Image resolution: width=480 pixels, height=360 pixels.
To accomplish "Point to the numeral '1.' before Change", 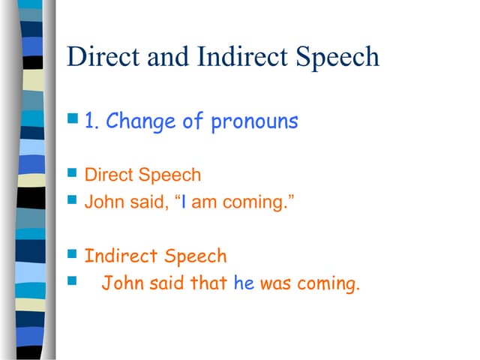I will [92, 121].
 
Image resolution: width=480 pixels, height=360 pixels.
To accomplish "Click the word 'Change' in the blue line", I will [142, 121].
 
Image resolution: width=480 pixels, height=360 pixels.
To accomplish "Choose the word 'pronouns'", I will [254, 122].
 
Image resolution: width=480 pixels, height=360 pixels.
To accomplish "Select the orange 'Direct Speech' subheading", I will [142, 175].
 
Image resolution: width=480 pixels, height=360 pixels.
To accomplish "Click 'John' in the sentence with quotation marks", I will [101, 202].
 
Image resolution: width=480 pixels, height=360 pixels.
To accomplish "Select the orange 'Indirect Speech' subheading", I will [155, 256].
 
